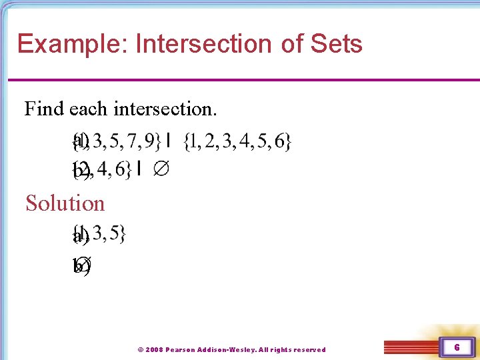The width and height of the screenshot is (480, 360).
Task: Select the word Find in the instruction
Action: pos(44,108)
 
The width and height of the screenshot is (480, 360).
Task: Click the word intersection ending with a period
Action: pos(171,108)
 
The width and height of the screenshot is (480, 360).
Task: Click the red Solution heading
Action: pos(65,203)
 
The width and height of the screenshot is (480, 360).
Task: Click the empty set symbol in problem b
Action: pos(161,170)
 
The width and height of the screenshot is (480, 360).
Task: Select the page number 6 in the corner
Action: pos(457,347)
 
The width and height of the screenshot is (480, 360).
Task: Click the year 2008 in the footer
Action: pos(154,349)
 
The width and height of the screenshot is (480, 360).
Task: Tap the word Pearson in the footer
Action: pos(183,349)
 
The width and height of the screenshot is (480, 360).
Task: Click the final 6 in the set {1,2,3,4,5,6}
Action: pos(279,141)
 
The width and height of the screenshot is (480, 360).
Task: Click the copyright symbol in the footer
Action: pos(140,349)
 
